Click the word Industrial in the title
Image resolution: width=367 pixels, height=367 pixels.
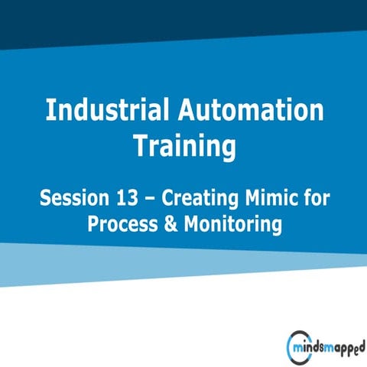coord(107,111)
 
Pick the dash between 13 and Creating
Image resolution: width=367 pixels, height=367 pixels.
coord(150,200)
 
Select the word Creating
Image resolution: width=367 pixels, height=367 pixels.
coord(196,199)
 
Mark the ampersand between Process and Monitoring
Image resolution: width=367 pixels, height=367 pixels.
coord(171,226)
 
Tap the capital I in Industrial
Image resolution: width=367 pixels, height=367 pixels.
coord(50,111)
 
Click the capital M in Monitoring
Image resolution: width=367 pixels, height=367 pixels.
coord(191,225)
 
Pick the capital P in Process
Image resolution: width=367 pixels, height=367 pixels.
coord(94,225)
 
